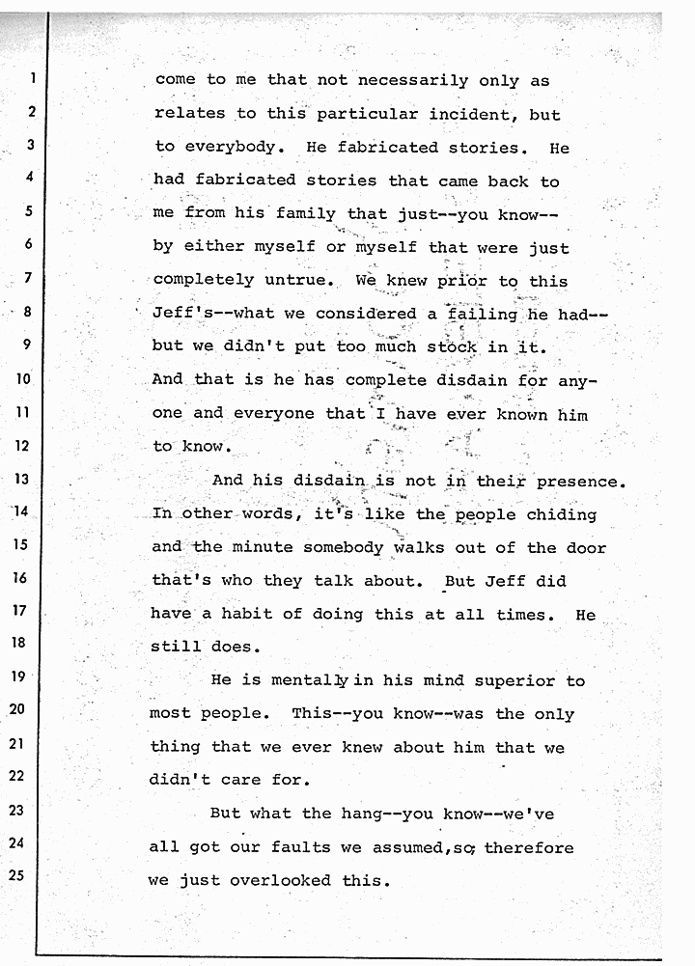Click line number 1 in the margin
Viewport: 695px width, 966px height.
point(31,79)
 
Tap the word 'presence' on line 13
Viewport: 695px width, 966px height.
point(579,481)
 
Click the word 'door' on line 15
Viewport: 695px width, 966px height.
point(586,547)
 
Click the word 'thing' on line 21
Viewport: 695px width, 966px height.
point(175,748)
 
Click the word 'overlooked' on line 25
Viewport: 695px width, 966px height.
point(279,880)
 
